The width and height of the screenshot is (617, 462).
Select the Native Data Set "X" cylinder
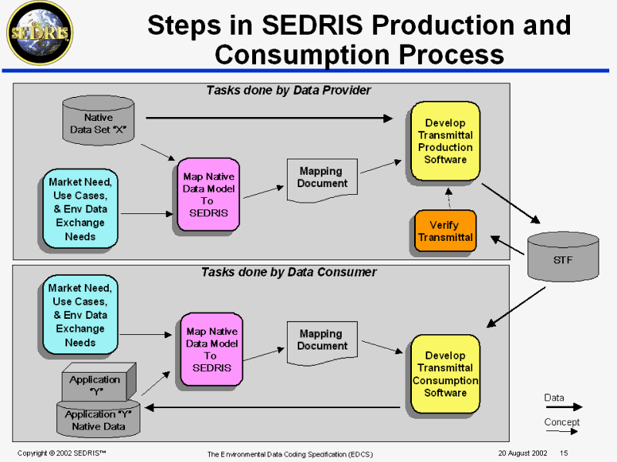(x=97, y=122)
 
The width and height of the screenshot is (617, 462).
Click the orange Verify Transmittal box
(x=445, y=231)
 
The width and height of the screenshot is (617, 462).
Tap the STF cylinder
(x=562, y=258)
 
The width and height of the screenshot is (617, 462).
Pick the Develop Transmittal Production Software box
(x=445, y=140)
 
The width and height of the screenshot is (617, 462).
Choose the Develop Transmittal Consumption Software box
(x=445, y=373)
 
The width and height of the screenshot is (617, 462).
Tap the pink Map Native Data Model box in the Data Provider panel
(x=208, y=194)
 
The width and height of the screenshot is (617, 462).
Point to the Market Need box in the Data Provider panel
(x=80, y=209)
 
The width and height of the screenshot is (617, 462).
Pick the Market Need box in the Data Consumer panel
(x=80, y=314)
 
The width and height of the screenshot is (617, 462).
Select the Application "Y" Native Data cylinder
(x=98, y=419)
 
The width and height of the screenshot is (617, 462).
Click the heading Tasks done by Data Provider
(x=288, y=90)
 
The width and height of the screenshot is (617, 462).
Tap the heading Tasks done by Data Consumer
(x=288, y=272)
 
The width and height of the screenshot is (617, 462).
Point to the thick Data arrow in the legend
(x=564, y=407)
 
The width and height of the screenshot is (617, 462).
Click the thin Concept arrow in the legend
(x=564, y=432)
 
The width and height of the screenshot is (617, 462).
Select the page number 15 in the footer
(x=564, y=453)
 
